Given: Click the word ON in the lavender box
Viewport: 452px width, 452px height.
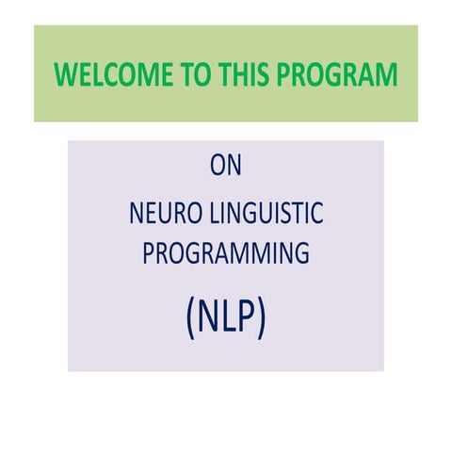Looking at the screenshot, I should [226, 167].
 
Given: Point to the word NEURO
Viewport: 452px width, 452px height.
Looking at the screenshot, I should [160, 214].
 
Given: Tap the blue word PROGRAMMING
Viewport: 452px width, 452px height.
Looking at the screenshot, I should [226, 254].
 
